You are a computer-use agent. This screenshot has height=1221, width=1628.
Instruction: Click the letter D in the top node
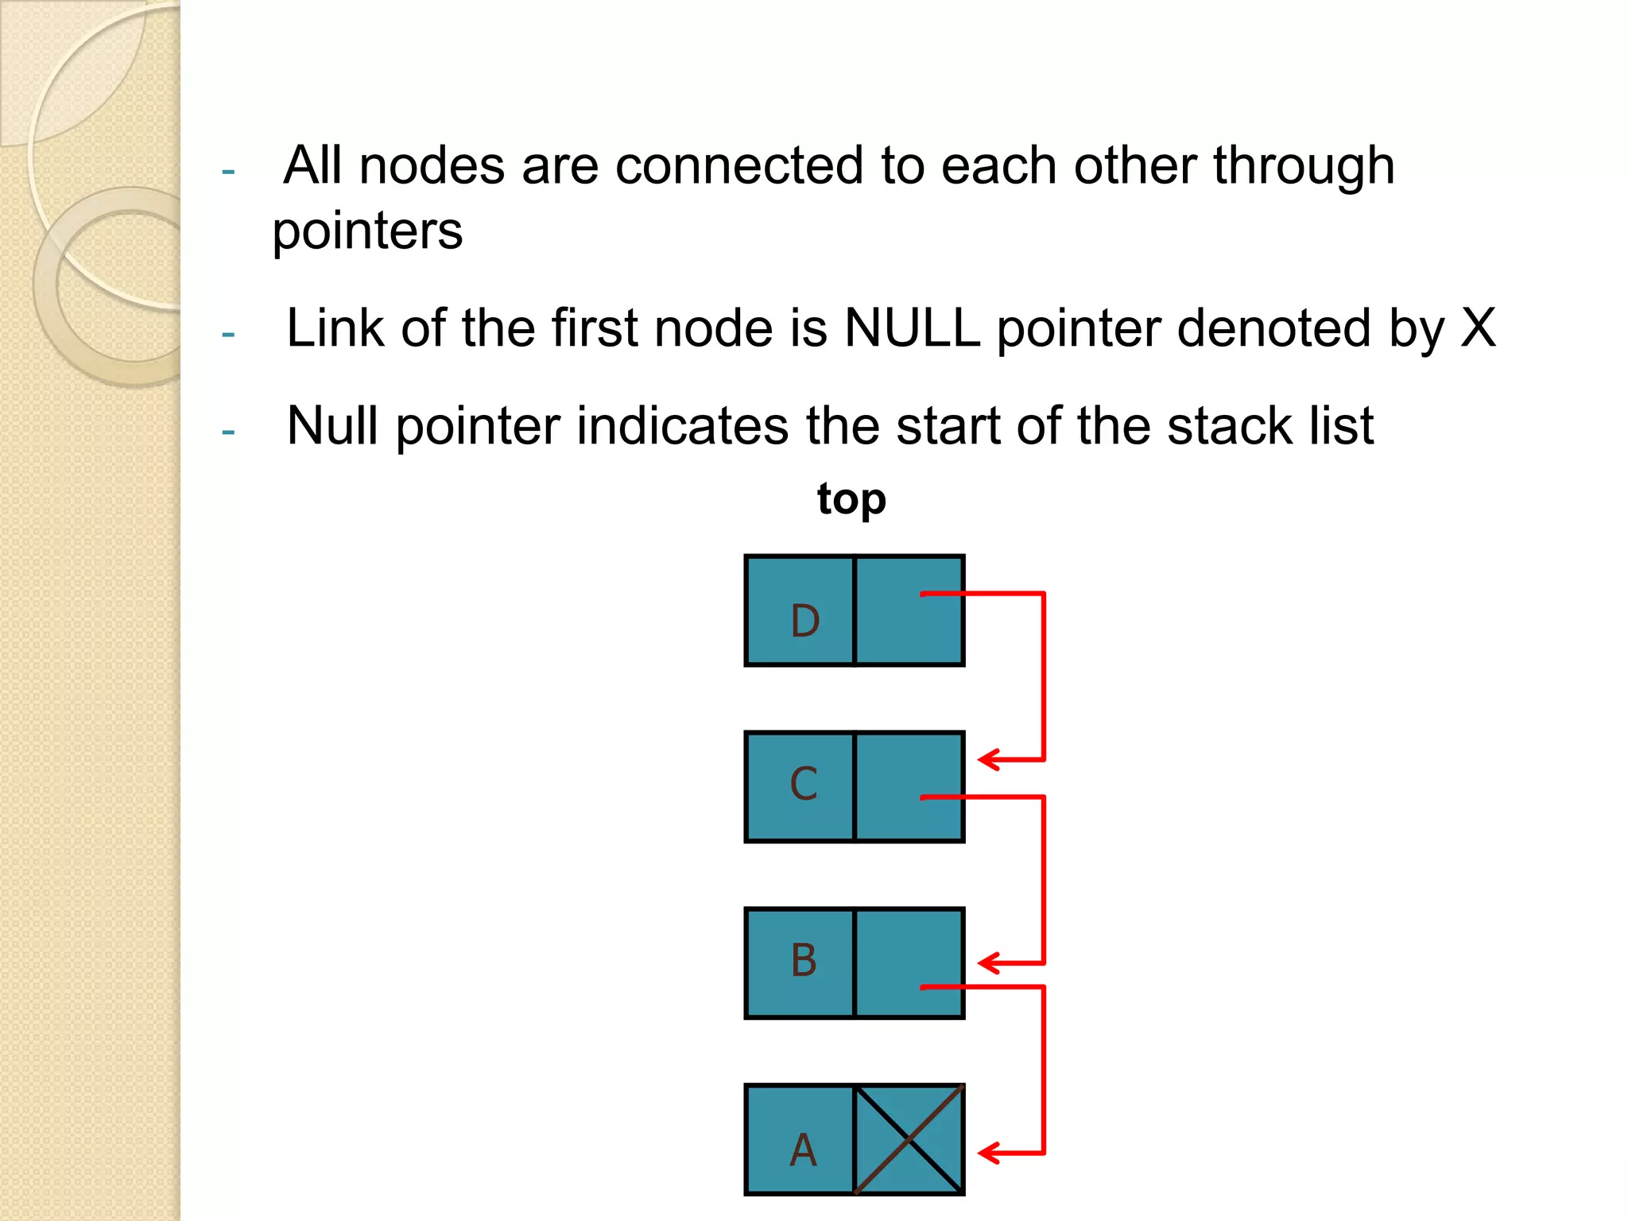click(x=804, y=621)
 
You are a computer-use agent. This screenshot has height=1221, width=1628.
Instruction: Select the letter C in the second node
click(x=803, y=784)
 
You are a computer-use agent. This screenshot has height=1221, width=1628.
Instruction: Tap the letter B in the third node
click(x=803, y=960)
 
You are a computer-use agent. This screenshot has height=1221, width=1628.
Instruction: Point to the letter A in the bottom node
click(x=803, y=1149)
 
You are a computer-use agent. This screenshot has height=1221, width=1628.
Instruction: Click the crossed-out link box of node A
click(x=909, y=1139)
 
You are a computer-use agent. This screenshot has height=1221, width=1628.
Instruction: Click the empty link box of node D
click(x=909, y=610)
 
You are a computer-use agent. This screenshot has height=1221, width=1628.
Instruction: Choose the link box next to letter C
click(x=909, y=787)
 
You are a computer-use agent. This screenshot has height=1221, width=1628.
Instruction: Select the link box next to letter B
click(x=909, y=963)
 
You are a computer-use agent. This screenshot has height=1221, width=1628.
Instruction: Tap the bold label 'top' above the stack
click(x=851, y=499)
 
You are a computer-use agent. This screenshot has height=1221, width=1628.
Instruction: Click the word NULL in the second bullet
click(x=912, y=328)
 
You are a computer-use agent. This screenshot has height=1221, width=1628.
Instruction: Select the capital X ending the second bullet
click(x=1478, y=328)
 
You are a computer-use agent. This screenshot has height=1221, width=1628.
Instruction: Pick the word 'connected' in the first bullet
click(x=739, y=165)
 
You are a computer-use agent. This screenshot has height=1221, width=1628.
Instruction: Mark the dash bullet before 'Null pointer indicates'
click(x=229, y=432)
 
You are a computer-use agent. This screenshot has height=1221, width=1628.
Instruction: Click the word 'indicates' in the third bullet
click(x=683, y=426)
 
